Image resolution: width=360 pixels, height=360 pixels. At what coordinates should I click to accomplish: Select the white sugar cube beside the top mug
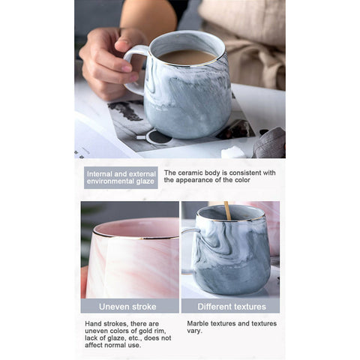click(x=233, y=152)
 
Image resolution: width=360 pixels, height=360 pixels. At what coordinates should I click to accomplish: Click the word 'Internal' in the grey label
click(x=100, y=174)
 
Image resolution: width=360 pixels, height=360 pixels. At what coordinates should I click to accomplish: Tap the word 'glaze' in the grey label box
click(x=145, y=181)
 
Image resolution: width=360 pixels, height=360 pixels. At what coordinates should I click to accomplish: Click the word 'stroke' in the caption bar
click(x=143, y=307)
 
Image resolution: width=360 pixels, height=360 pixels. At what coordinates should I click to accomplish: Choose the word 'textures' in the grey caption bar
click(x=248, y=307)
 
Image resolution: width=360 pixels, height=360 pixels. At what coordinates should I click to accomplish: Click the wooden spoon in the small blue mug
click(x=227, y=211)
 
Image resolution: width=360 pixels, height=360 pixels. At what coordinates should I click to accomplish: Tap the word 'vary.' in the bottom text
click(x=194, y=331)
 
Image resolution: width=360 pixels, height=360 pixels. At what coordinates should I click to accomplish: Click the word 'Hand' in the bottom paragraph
click(x=93, y=324)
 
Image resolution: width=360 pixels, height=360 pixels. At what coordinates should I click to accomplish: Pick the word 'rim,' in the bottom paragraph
click(x=160, y=331)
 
